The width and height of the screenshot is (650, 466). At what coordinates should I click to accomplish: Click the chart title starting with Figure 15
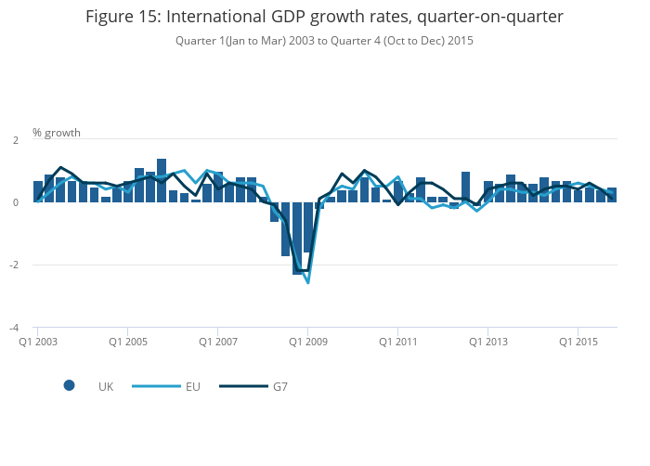pos(324,17)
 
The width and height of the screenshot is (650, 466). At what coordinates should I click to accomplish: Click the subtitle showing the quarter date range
pos(324,41)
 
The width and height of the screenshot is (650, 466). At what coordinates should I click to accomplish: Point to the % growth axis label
pos(57,132)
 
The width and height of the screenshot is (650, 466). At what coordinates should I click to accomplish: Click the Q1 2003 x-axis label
pos(38,342)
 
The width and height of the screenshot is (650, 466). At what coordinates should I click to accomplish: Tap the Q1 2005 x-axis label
pos(128,342)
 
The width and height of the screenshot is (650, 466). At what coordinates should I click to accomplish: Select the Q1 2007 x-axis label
pos(218,342)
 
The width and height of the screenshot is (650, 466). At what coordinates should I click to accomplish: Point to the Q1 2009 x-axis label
pos(308,342)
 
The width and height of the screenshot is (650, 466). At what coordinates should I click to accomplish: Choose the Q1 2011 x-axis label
pos(398,342)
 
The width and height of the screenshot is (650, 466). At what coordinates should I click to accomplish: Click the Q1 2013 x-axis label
pos(488,342)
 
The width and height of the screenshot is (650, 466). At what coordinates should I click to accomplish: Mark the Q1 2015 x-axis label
pos(578,342)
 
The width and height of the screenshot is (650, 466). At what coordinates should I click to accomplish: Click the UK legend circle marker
pos(69,386)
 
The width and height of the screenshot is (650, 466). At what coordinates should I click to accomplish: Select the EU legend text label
pos(192,386)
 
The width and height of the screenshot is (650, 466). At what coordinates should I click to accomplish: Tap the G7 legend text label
pos(279,386)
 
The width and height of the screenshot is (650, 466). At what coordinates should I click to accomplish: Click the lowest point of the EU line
pos(307,282)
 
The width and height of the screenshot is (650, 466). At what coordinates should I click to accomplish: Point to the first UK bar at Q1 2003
pos(38,192)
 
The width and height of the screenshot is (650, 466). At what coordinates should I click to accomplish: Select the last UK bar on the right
pos(612,195)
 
